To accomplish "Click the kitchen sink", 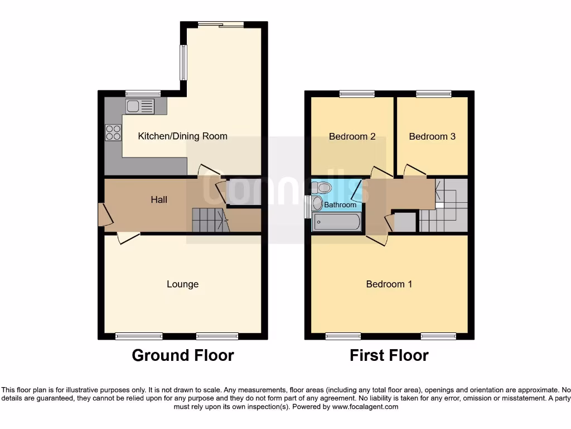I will (x=140, y=106).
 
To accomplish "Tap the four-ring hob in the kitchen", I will (x=113, y=132).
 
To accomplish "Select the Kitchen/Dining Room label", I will (x=182, y=136).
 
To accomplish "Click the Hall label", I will (x=159, y=199).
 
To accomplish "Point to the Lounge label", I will (x=182, y=284).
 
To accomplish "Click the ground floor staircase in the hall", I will (x=210, y=220).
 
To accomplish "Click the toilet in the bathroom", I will (x=323, y=187).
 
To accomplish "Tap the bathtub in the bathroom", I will (x=336, y=222).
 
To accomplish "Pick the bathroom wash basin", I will (x=317, y=203).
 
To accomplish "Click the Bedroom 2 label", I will (x=352, y=136).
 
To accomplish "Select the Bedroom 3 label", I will (x=432, y=136).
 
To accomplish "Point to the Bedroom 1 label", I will (x=389, y=284).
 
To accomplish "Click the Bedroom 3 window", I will (x=433, y=94).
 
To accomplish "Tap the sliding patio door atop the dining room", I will (x=221, y=25).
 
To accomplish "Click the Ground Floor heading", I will (x=183, y=355).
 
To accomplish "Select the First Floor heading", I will (x=389, y=355).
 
